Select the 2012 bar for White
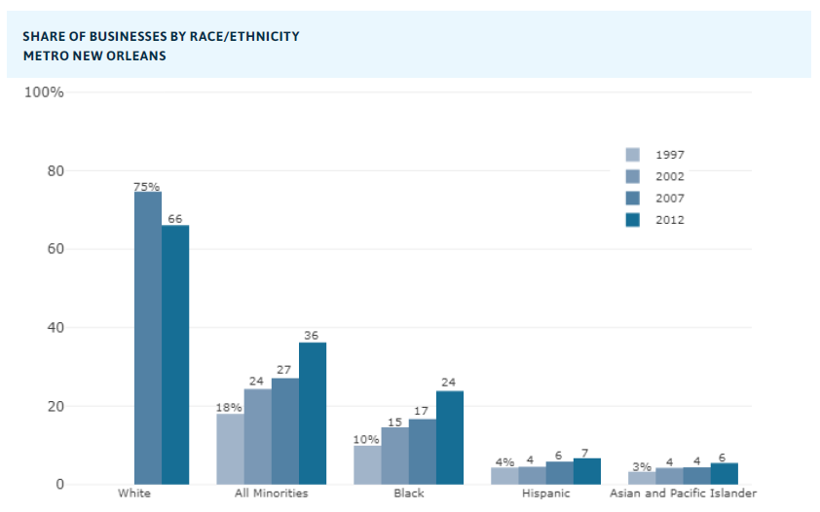tap(175, 354)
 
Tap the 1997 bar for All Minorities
tap(230, 449)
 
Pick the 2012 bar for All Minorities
tap(313, 414)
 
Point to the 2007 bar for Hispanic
tap(560, 473)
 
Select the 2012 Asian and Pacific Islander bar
tap(725, 474)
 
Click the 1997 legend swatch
tap(633, 155)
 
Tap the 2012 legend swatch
tap(633, 220)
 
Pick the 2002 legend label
tap(670, 177)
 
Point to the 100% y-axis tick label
tap(44, 92)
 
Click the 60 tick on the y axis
tap(55, 249)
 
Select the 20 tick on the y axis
tap(55, 406)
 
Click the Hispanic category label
tap(546, 494)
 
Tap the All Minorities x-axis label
tap(272, 494)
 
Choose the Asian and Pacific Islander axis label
tap(683, 494)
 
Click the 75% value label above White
tap(147, 186)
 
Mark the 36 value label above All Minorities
tap(312, 336)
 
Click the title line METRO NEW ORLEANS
tap(94, 56)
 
